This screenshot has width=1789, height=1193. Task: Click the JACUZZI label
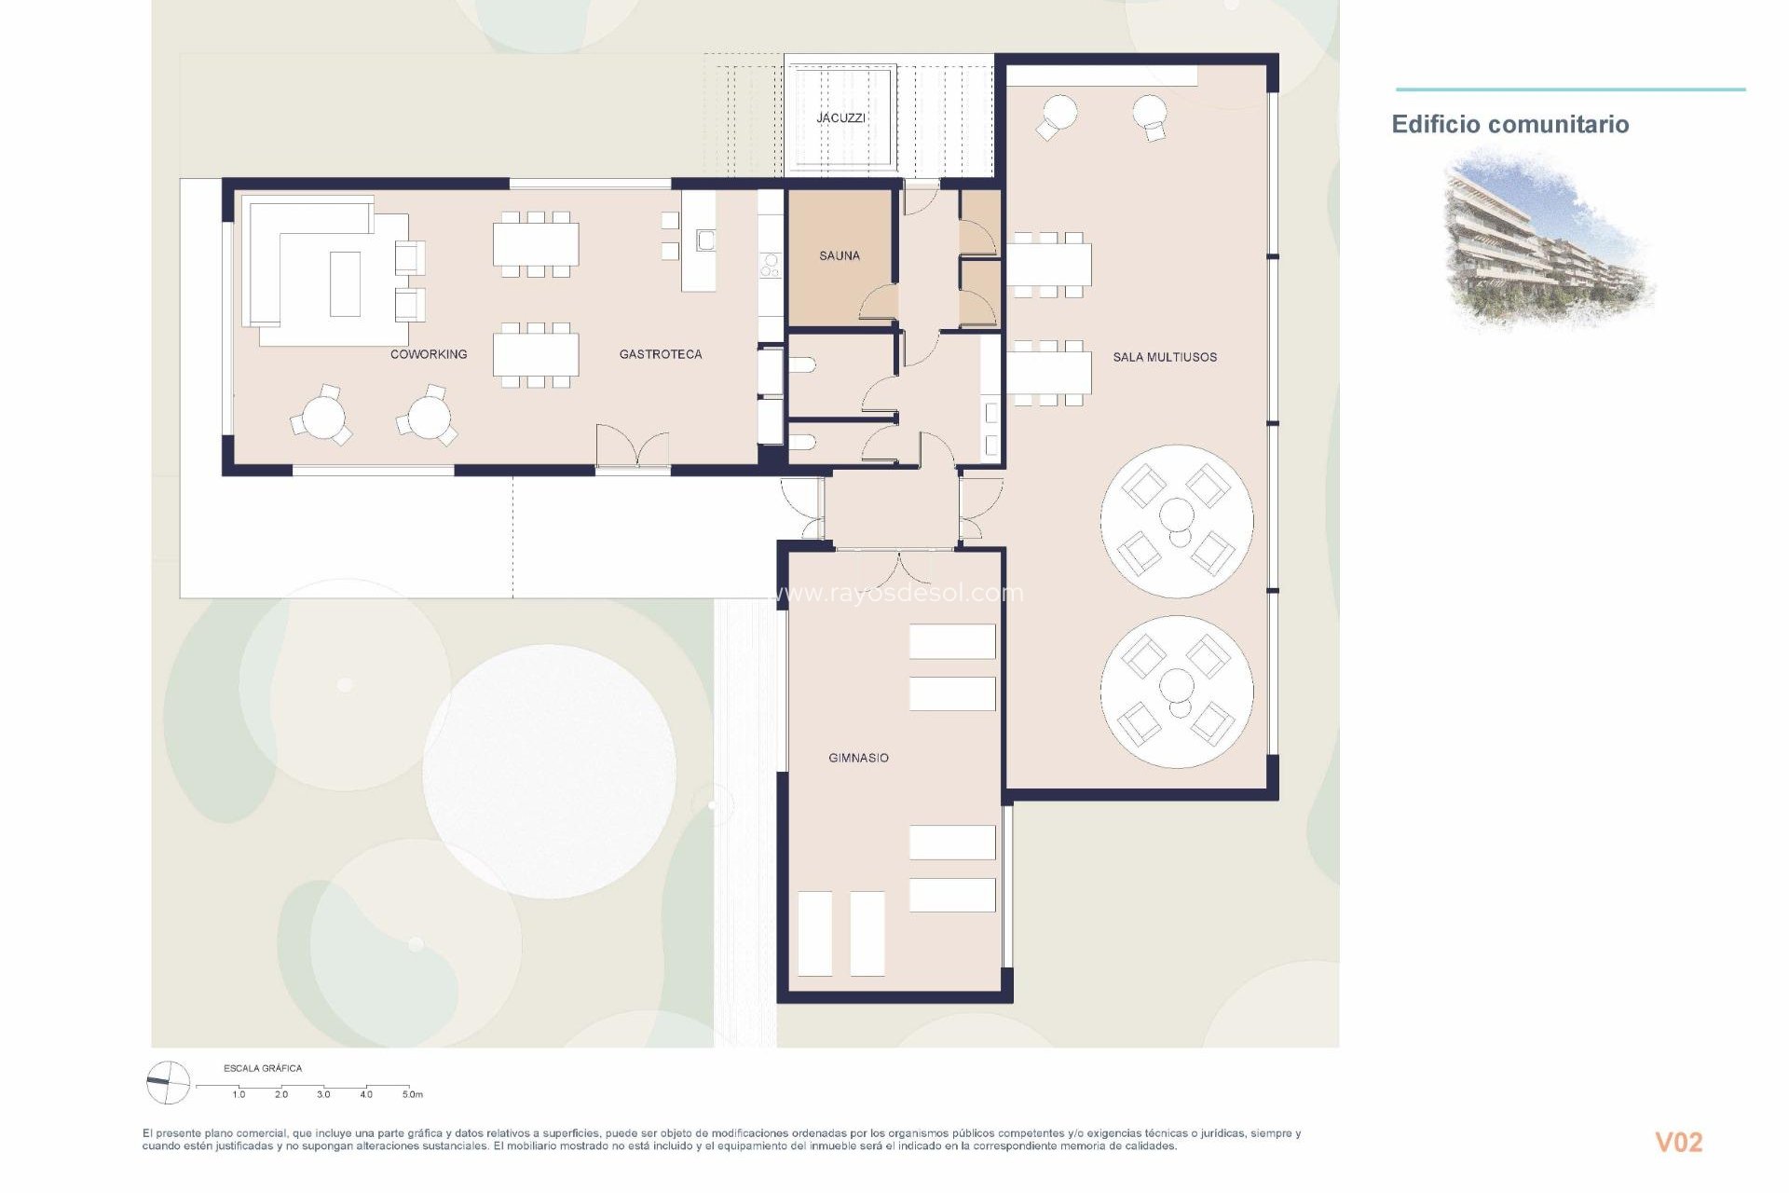coord(840,118)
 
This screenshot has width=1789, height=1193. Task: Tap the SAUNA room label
coord(840,255)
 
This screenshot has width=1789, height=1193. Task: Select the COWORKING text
coord(429,354)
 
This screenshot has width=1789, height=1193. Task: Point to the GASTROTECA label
coord(661,354)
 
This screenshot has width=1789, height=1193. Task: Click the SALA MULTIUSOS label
coord(1165,357)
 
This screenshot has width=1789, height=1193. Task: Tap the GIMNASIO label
coord(858,758)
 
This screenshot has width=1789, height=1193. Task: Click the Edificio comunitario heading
coord(1509,125)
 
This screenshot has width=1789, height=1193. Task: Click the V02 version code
coord(1678,1143)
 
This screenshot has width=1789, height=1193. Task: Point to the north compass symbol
coord(169,1082)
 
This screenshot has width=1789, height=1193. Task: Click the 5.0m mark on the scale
coord(412,1094)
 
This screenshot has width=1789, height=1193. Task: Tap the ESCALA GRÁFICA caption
coord(263,1068)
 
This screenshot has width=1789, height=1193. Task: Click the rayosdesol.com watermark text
coord(899,593)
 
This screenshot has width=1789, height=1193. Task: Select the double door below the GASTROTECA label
coord(634,447)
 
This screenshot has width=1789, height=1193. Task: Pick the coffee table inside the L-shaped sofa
coord(345,283)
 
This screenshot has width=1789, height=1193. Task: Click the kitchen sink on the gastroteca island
coord(705,240)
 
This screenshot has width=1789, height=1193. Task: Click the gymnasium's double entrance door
coord(898,569)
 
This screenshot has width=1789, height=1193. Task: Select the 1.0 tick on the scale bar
coord(239,1093)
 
